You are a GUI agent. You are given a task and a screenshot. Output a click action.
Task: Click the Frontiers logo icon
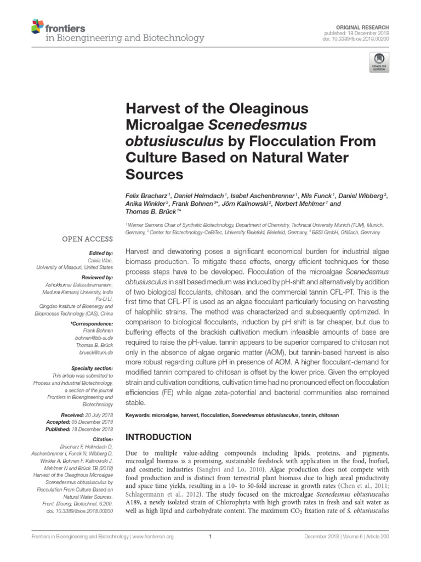pyautogui.click(x=38, y=26)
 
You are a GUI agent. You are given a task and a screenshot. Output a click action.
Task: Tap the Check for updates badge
pyautogui.click(x=379, y=61)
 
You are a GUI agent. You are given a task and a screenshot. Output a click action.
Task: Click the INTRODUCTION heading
pyautogui.click(x=159, y=437)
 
